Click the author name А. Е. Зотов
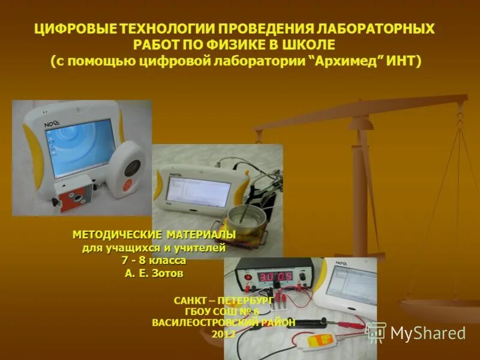pyautogui.click(x=154, y=274)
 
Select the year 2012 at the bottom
pyautogui.click(x=223, y=334)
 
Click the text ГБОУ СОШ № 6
pyautogui.click(x=223, y=310)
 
